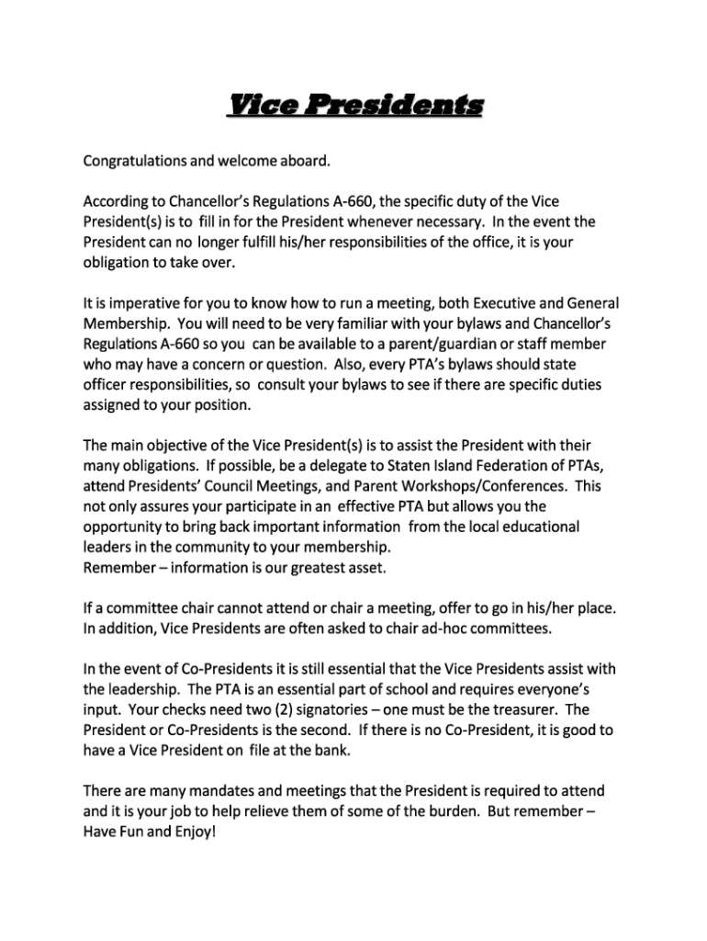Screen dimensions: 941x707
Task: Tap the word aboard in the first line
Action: coord(302,162)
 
